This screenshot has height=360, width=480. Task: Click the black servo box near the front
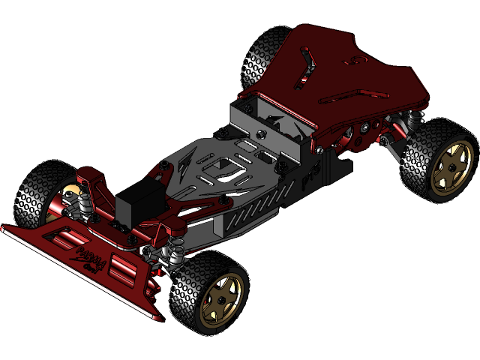pos(139,205)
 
